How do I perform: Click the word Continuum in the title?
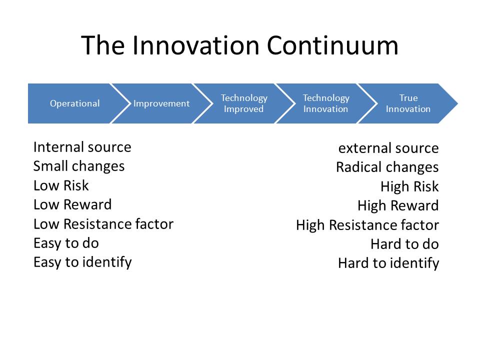[332, 45]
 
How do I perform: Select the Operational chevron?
[75, 103]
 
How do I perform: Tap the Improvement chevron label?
[161, 103]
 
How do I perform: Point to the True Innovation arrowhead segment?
[408, 103]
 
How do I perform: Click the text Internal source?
[82, 147]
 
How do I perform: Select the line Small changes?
[79, 166]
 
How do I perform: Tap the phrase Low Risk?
[61, 185]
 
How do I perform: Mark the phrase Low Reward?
[72, 205]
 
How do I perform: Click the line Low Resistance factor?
[103, 224]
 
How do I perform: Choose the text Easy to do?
[66, 243]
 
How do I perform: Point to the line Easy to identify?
[82, 263]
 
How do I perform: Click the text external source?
[388, 148]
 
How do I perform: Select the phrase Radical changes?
[387, 167]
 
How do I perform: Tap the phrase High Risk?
[409, 186]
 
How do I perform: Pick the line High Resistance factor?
[367, 225]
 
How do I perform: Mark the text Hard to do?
[404, 244]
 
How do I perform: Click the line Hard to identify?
[388, 263]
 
